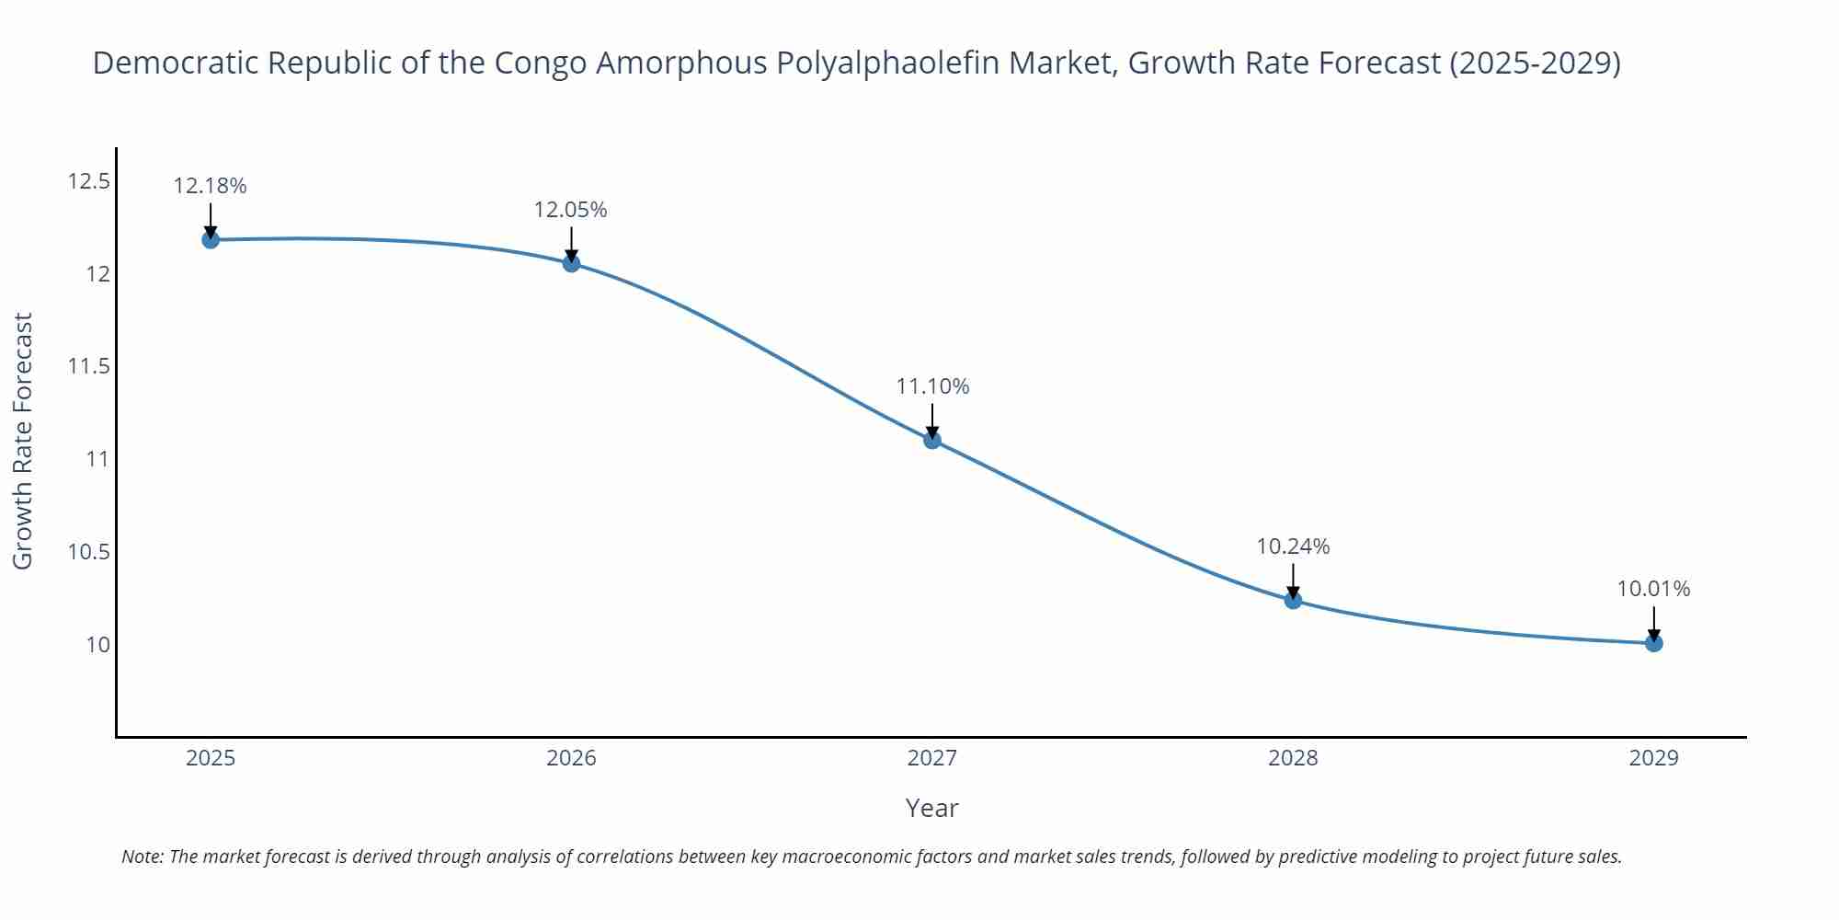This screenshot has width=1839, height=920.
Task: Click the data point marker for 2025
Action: (211, 240)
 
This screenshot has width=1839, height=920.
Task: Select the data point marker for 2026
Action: (571, 264)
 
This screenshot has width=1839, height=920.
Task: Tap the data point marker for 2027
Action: (932, 440)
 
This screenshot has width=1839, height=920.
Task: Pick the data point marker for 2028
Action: (1293, 601)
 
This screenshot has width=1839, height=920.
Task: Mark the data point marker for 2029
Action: (1653, 643)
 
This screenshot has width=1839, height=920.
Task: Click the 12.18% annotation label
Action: (211, 186)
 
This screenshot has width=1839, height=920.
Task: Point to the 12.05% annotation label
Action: (571, 210)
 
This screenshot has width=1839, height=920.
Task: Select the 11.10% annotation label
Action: (932, 386)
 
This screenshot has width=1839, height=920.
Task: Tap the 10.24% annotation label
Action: (1293, 546)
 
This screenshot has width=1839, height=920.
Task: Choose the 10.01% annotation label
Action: (1653, 589)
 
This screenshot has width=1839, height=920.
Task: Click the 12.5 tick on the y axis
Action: (88, 181)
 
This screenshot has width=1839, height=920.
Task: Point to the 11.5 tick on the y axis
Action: (88, 366)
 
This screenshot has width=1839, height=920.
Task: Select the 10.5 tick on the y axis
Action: (88, 552)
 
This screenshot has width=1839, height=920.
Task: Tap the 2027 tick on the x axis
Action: (932, 758)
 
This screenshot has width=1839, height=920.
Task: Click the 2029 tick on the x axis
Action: (1653, 758)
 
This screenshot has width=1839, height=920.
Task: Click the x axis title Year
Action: (931, 808)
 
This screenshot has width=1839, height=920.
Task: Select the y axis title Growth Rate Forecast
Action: (22, 441)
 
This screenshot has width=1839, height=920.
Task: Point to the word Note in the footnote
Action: (143, 857)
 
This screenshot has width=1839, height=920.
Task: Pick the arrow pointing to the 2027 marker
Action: (932, 420)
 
